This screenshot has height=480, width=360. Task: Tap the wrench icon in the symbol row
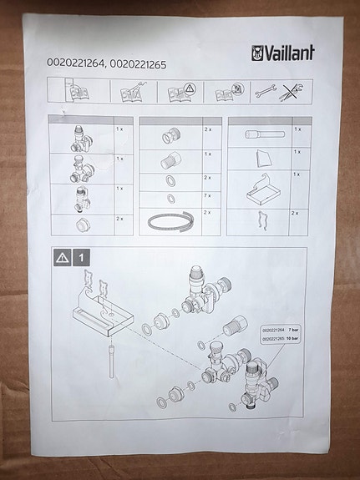264,92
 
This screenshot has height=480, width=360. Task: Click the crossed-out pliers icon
291,92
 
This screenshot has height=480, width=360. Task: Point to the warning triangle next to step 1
60,258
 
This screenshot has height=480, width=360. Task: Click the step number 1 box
80,258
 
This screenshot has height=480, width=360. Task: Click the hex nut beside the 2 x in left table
82,224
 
